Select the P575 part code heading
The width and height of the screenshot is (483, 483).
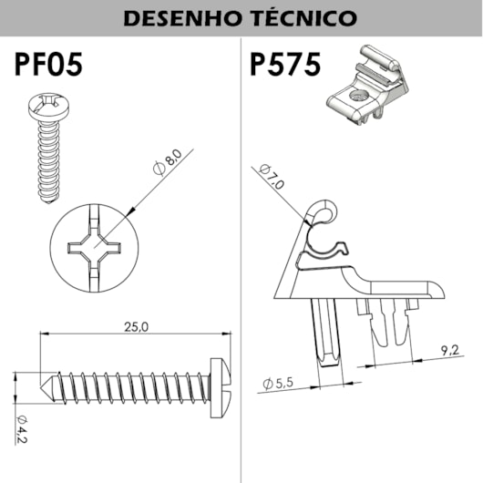pyautogui.click(x=286, y=66)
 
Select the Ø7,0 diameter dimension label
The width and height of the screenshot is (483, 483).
pyautogui.click(x=272, y=177)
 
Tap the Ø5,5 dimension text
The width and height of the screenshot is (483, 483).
pyautogui.click(x=279, y=384)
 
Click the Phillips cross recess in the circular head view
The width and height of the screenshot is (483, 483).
pyautogui.click(x=96, y=249)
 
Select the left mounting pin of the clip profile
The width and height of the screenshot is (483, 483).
pyautogui.click(x=324, y=332)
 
